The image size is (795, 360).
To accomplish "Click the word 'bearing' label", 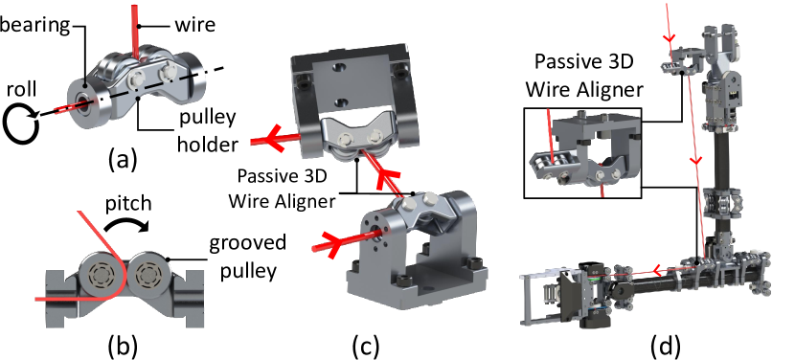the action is (34, 24).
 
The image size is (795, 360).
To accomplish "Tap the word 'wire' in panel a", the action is (195, 24).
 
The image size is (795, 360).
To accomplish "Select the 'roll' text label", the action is (21, 89).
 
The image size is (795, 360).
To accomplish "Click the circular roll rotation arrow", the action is (21, 124).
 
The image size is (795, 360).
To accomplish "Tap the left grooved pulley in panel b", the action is (101, 275).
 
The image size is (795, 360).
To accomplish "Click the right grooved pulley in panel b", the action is (148, 275).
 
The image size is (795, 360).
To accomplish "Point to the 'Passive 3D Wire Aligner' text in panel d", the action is (584, 75).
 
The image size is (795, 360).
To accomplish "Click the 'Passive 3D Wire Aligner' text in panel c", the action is (282, 189).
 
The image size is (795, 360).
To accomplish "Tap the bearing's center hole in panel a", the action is (81, 100).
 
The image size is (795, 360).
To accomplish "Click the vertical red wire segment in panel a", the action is (135, 32).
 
